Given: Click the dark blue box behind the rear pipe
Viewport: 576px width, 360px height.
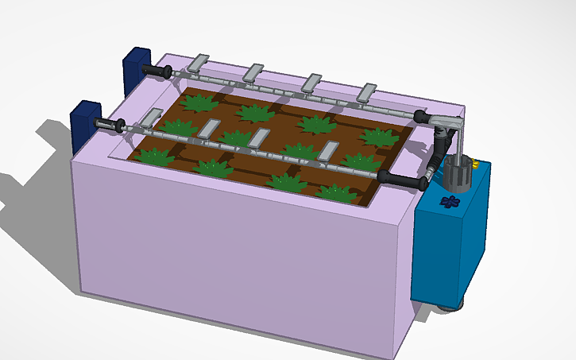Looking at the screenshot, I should [136, 68].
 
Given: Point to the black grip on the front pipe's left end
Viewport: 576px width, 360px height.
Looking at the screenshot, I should [109, 125].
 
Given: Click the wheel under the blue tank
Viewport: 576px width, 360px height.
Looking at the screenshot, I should [450, 307].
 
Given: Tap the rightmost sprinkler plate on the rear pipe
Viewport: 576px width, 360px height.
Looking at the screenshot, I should [368, 91].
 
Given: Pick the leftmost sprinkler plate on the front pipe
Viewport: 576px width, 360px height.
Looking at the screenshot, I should [149, 119].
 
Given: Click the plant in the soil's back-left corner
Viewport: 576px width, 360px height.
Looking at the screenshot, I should [199, 102].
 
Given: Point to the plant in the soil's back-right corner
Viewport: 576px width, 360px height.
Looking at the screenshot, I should [379, 136].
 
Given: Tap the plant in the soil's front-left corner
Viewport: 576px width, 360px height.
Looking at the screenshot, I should [154, 156].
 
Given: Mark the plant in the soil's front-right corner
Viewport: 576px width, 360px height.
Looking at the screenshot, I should [337, 192].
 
